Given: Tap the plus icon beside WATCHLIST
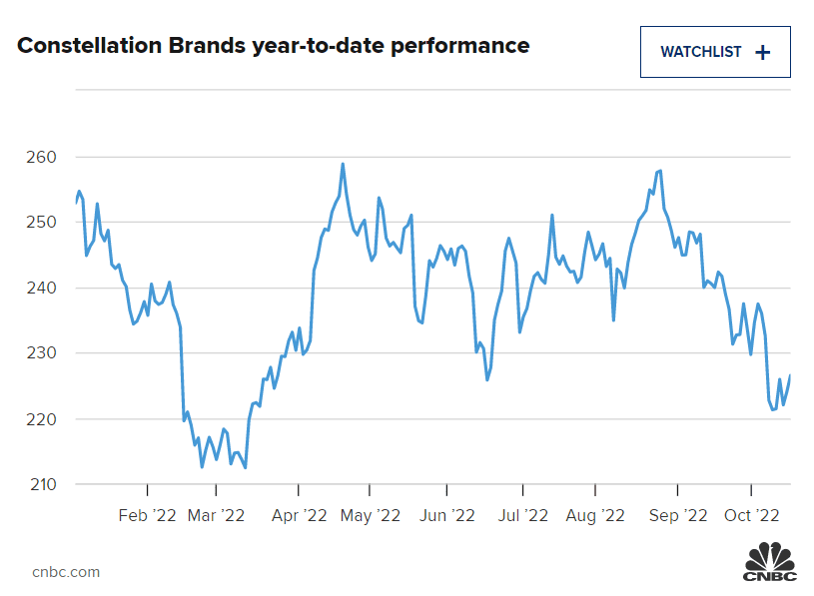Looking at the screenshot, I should [x=763, y=53].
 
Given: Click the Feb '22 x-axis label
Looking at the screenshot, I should [x=147, y=515].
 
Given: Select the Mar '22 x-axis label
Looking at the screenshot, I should [x=216, y=515].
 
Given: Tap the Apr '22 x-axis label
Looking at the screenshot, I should [x=299, y=515].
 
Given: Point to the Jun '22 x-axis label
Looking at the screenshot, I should [x=446, y=515].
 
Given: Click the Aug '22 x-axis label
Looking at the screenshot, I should [x=595, y=515].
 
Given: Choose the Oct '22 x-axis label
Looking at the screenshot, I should [x=751, y=515].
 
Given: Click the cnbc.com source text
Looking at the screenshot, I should [x=66, y=572].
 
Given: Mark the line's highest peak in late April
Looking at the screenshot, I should [x=343, y=164].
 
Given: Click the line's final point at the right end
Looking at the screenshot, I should [x=790, y=375].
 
